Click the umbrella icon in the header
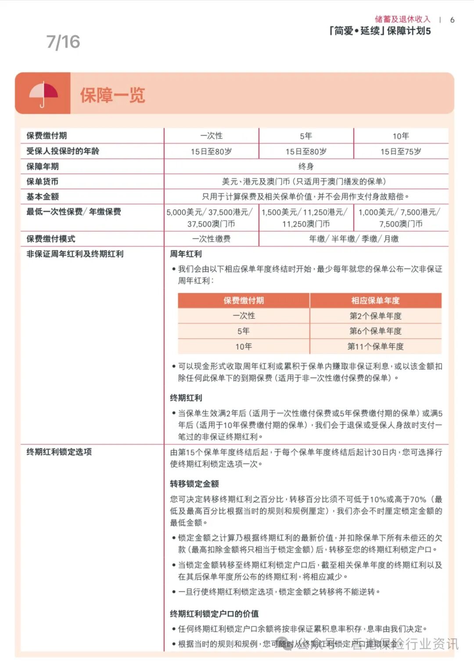(x=43, y=94)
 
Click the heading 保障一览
(x=112, y=95)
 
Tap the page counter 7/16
(x=63, y=42)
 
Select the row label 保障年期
(x=43, y=166)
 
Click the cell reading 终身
(x=306, y=166)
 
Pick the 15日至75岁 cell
(x=401, y=151)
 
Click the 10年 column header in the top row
(x=401, y=136)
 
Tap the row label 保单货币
(x=42, y=182)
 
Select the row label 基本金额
(x=43, y=197)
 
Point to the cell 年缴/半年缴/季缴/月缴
(x=354, y=239)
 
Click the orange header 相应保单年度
(x=375, y=301)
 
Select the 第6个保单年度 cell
(x=375, y=331)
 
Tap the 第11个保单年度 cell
(x=375, y=346)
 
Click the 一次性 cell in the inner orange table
(x=244, y=316)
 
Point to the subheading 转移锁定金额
(x=194, y=484)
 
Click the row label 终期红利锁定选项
(x=59, y=452)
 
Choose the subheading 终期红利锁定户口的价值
(x=214, y=613)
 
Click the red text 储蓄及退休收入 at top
(x=402, y=19)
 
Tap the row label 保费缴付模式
(x=51, y=239)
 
